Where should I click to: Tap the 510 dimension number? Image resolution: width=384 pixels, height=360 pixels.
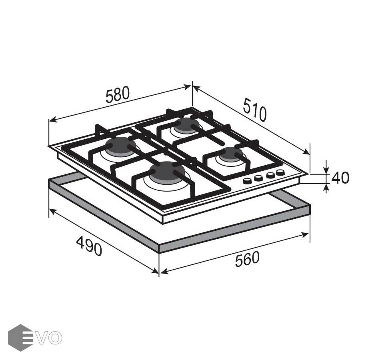pos(255,110)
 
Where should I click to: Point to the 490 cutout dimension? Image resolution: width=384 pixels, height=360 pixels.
pos(89,246)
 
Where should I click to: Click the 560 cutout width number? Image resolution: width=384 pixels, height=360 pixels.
pos(247,259)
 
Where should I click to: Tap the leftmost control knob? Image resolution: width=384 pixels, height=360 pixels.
pos(247,181)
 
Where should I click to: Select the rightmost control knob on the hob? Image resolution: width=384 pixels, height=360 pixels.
pos(280,173)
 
